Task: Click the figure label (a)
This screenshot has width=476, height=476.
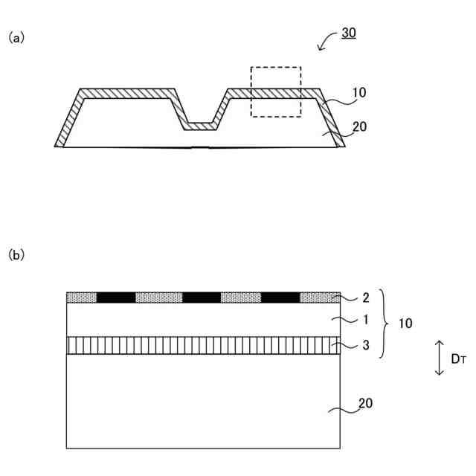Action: tap(16, 36)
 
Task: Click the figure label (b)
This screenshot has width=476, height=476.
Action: tap(16, 255)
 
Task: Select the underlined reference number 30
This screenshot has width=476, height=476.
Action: tap(349, 33)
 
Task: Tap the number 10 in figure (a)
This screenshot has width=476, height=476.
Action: tap(358, 94)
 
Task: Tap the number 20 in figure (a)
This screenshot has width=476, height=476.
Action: tap(359, 126)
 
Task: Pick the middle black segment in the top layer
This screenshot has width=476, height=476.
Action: tap(202, 297)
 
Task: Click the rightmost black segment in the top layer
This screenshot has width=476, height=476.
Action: tap(280, 297)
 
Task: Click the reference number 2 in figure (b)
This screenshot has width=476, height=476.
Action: tap(364, 298)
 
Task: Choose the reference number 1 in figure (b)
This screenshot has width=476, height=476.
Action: tap(364, 319)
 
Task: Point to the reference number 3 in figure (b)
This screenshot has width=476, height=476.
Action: tap(364, 345)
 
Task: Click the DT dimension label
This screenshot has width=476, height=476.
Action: tap(458, 358)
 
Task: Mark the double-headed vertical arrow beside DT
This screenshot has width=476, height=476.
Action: tap(439, 357)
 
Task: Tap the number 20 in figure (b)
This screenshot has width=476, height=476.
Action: tap(364, 403)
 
